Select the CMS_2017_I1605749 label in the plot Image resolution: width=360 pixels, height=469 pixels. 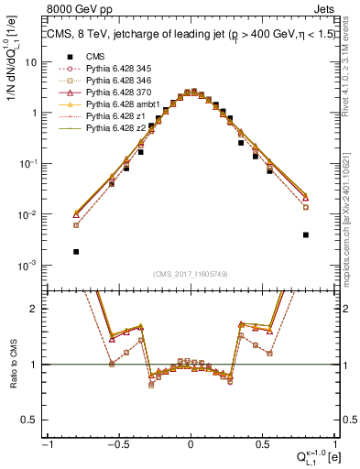tap(191, 275)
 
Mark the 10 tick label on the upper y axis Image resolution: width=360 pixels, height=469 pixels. tap(30, 62)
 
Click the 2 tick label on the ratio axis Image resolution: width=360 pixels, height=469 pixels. tap(35, 309)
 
